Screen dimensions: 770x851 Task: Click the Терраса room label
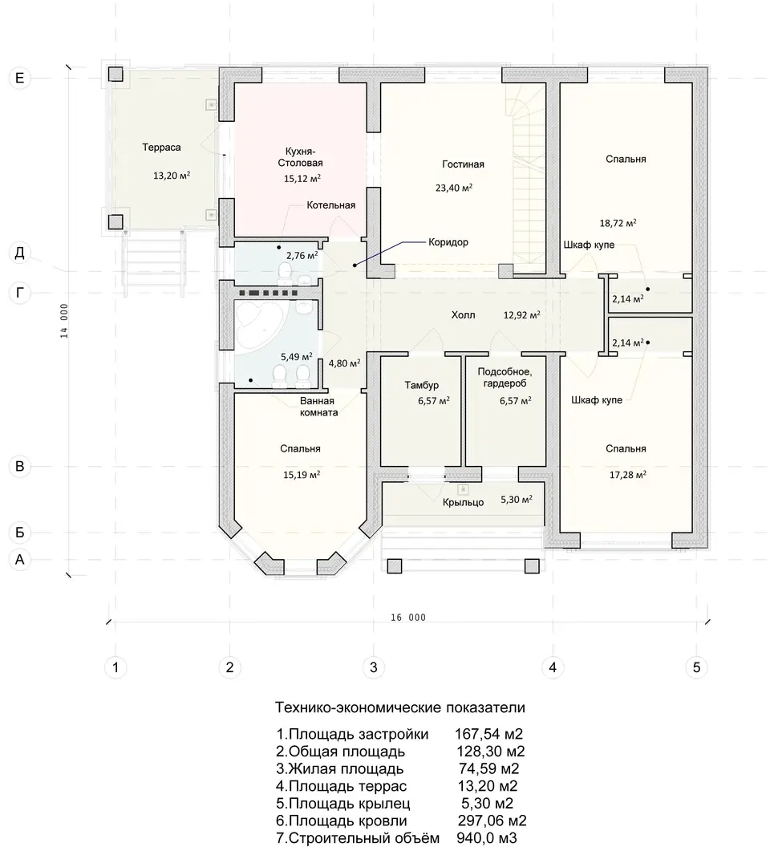161,147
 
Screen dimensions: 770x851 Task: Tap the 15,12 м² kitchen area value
302,178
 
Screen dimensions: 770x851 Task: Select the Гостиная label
463,164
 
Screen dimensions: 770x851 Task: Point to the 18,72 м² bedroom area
618,222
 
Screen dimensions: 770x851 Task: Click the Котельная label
331,205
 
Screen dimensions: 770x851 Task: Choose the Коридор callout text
448,242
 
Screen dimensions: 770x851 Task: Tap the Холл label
463,314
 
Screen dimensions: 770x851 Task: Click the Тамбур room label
422,385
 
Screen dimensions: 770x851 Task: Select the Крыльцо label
463,503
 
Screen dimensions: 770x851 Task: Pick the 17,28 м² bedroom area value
627,474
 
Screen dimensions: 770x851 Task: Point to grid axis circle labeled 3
373,667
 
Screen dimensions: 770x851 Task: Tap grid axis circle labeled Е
19,78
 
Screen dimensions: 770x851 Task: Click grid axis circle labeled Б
19,533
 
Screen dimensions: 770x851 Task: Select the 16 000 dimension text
408,617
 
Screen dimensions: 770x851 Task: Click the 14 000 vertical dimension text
64,321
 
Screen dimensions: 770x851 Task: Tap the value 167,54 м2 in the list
489,735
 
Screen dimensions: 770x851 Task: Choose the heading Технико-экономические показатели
400,707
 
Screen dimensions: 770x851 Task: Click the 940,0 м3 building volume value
487,837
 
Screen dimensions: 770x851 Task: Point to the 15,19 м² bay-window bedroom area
302,474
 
